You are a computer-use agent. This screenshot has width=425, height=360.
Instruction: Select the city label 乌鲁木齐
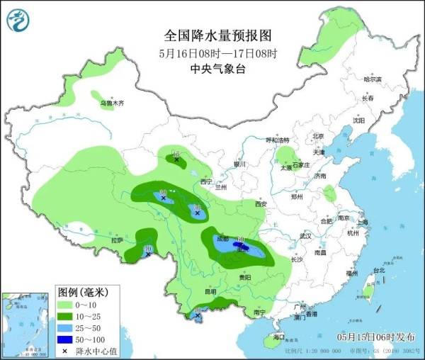[111, 103]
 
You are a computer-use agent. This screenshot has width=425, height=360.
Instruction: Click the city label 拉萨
[117, 240]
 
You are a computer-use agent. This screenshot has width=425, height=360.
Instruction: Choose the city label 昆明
[210, 291]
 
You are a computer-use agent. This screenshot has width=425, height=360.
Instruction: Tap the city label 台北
[378, 270]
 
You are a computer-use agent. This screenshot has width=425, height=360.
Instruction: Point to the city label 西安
[260, 204]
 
